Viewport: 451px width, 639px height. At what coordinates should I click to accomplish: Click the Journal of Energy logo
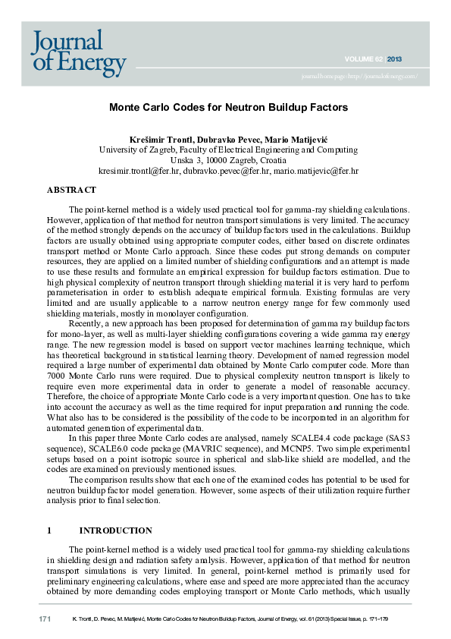point(78,53)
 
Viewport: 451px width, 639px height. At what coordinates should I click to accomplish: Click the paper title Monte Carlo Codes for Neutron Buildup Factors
point(225,108)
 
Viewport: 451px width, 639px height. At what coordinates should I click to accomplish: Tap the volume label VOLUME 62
point(363,58)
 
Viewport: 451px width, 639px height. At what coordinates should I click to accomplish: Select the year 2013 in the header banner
point(395,58)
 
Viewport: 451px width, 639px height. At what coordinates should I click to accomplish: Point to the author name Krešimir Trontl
point(160,139)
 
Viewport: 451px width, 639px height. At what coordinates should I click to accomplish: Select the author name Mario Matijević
point(293,139)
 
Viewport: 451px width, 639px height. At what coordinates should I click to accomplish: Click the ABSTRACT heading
point(71,189)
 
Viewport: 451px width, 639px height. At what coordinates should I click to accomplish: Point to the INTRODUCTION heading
point(115,530)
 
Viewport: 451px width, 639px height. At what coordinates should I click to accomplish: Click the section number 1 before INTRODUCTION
point(49,530)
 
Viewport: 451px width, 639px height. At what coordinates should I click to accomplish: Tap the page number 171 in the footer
point(45,620)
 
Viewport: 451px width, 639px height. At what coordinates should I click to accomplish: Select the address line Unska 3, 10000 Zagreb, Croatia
point(225,161)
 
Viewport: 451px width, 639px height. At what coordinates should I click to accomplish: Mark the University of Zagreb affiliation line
point(225,150)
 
